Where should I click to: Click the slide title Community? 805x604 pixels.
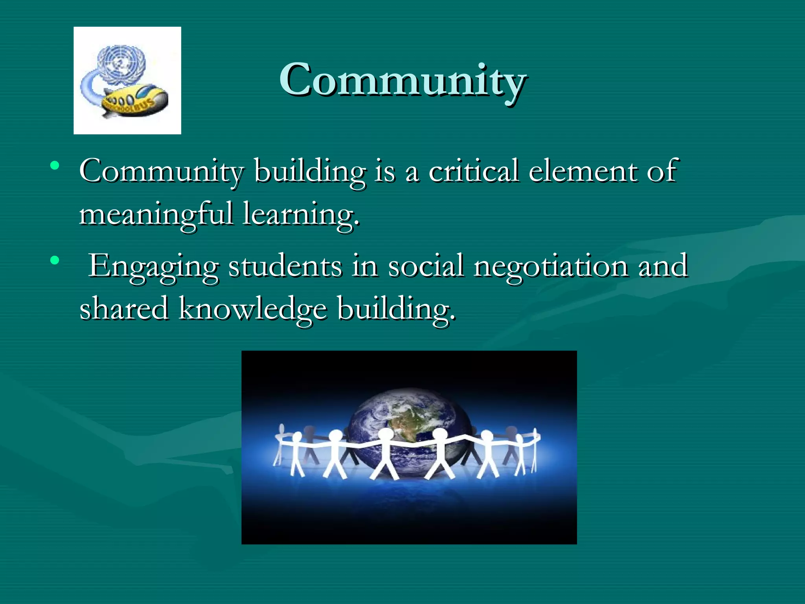(x=402, y=81)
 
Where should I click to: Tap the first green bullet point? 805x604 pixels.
(x=55, y=165)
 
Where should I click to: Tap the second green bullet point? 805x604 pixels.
(x=55, y=260)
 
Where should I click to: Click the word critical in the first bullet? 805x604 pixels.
(x=473, y=171)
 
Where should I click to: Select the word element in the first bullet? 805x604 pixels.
(x=583, y=171)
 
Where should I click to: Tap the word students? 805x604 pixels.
(x=285, y=266)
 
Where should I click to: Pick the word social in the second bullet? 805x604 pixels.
(x=426, y=266)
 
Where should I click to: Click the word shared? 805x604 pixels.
(x=124, y=309)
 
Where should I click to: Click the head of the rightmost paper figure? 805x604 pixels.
(x=535, y=432)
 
